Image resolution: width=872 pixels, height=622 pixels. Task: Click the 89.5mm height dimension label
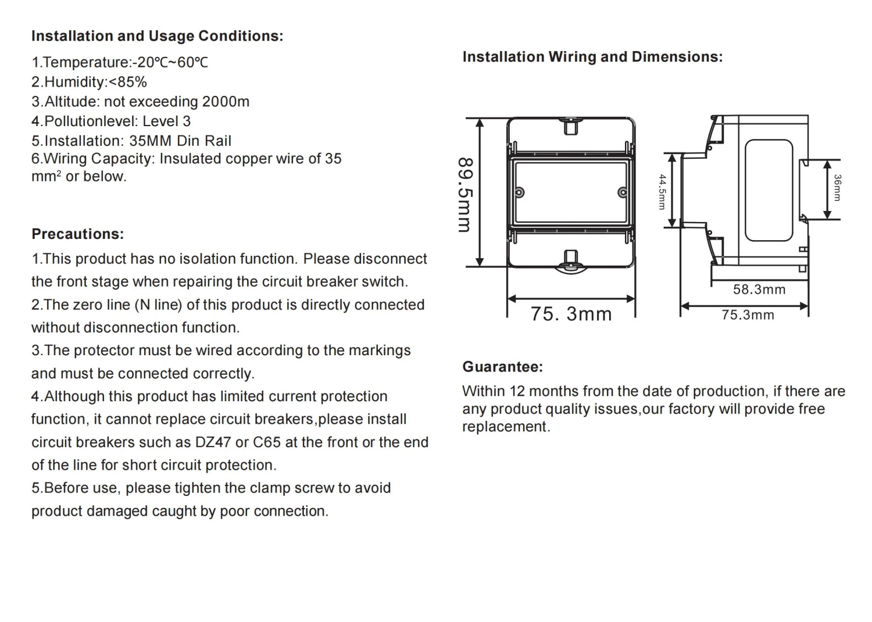click(466, 195)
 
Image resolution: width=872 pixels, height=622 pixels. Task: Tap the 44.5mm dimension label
click(662, 192)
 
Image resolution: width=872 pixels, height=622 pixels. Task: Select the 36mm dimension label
click(837, 188)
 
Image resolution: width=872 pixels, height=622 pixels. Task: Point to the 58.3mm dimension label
click(759, 289)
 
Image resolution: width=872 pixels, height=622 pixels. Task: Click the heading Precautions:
click(78, 234)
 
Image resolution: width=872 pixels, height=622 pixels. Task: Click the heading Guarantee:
click(503, 367)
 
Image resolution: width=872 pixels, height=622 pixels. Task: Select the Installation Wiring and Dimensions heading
click(592, 57)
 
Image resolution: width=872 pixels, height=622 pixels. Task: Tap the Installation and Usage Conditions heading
click(158, 36)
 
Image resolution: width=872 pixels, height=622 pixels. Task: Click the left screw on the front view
click(519, 192)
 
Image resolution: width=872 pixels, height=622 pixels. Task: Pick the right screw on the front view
click(623, 192)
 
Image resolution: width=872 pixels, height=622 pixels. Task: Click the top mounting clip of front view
click(571, 127)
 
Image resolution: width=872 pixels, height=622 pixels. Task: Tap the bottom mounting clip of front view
click(571, 258)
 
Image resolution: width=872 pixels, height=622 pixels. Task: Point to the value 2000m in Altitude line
click(226, 102)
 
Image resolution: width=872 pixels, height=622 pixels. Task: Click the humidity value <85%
click(128, 82)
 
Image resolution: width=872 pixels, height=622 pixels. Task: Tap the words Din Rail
click(204, 141)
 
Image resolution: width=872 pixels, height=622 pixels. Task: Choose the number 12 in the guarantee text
click(517, 391)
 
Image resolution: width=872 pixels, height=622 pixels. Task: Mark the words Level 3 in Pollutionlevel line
click(167, 121)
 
